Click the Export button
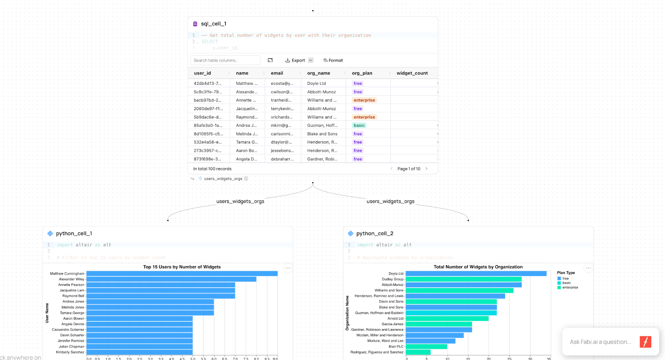296,60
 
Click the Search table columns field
225,60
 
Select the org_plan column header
362,73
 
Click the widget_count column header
412,73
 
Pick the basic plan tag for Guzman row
359,126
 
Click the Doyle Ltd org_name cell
317,84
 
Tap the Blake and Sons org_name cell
322,134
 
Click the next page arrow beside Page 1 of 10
426,169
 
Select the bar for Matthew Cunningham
182,274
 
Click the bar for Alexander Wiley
171,279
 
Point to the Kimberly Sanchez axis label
70,352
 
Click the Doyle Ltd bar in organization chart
476,274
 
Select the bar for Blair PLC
426,346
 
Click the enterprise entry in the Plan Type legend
570,288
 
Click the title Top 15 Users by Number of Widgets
182,267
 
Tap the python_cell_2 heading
374,234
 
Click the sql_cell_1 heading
214,24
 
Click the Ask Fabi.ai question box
600,342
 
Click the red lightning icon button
645,342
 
